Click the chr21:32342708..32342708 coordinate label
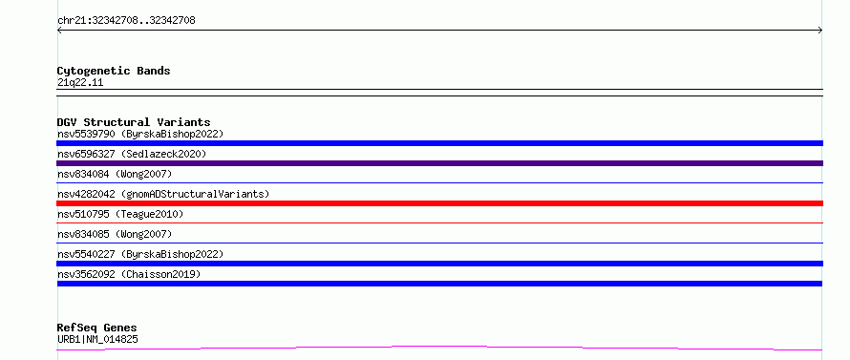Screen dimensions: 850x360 pyautogui.click(x=126, y=21)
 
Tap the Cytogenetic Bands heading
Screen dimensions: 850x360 pyautogui.click(x=114, y=71)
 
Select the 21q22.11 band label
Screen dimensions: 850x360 pyautogui.click(x=80, y=83)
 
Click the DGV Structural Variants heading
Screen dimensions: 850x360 pyautogui.click(x=134, y=122)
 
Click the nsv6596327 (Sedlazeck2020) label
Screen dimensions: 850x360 pyautogui.click(x=132, y=154)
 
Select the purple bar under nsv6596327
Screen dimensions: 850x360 pyautogui.click(x=439, y=163)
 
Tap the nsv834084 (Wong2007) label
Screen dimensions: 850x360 pyautogui.click(x=115, y=174)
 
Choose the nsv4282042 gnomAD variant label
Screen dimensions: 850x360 pyautogui.click(x=163, y=194)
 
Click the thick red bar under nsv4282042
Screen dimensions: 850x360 pyautogui.click(x=439, y=203)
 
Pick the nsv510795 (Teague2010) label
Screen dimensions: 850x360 pyautogui.click(x=120, y=214)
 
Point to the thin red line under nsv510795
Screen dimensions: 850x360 pyautogui.click(x=439, y=222)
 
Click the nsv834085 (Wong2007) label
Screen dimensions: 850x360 pyautogui.click(x=115, y=234)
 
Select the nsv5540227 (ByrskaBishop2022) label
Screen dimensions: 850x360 pyautogui.click(x=140, y=254)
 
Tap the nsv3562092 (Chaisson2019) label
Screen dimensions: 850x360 pyautogui.click(x=129, y=274)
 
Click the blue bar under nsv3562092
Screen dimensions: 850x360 pyautogui.click(x=439, y=284)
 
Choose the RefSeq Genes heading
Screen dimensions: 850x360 pyautogui.click(x=97, y=328)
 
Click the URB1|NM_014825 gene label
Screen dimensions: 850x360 pyautogui.click(x=97, y=340)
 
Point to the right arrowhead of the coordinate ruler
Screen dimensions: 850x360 pyautogui.click(x=820, y=31)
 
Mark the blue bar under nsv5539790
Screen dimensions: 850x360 pyautogui.click(x=439, y=143)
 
